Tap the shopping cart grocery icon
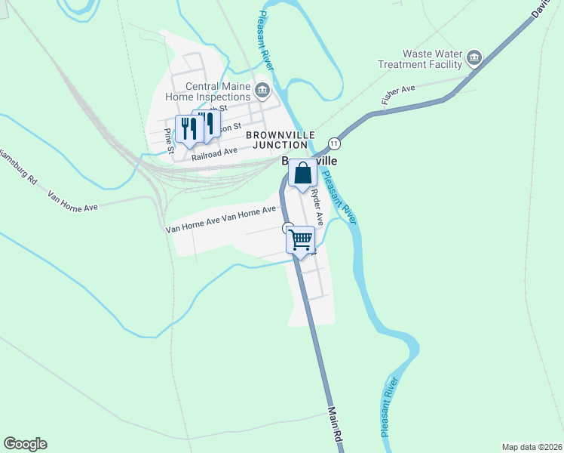click(301, 240)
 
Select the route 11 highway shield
click(334, 143)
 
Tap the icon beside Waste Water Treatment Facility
click(474, 57)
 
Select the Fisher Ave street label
click(398, 99)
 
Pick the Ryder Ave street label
click(317, 207)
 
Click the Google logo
click(25, 444)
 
